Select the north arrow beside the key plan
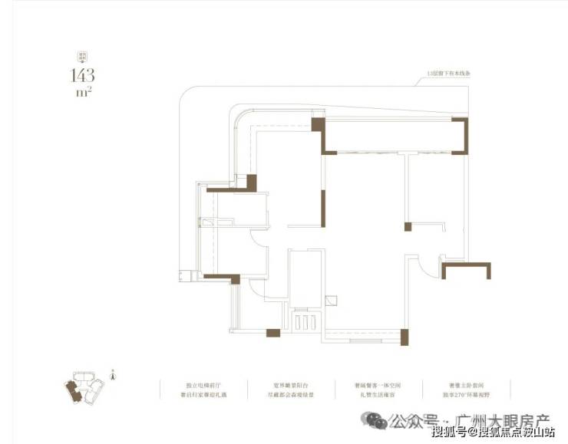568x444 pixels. [x=113, y=375]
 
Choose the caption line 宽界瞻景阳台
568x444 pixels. [x=289, y=383]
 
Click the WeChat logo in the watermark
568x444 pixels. [x=376, y=420]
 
